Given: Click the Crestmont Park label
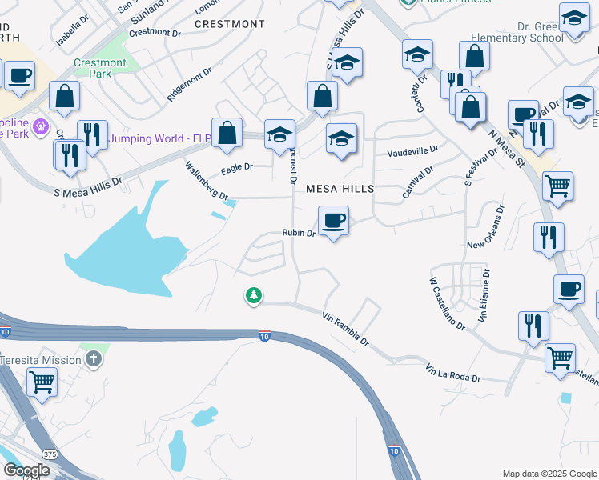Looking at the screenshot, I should [100, 68].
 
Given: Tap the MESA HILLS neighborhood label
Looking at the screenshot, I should [340, 189].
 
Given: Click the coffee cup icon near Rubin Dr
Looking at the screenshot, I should [333, 219].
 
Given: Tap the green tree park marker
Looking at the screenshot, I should [254, 296].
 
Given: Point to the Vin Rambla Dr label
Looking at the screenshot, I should [345, 329].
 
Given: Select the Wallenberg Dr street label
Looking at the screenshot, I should [207, 181].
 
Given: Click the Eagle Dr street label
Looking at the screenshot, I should [237, 167].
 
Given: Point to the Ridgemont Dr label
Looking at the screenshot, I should [189, 82].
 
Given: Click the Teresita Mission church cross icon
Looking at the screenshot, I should [94, 358].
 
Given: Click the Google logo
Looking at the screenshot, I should [26, 470].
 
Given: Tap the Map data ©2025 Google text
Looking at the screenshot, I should [549, 474].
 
